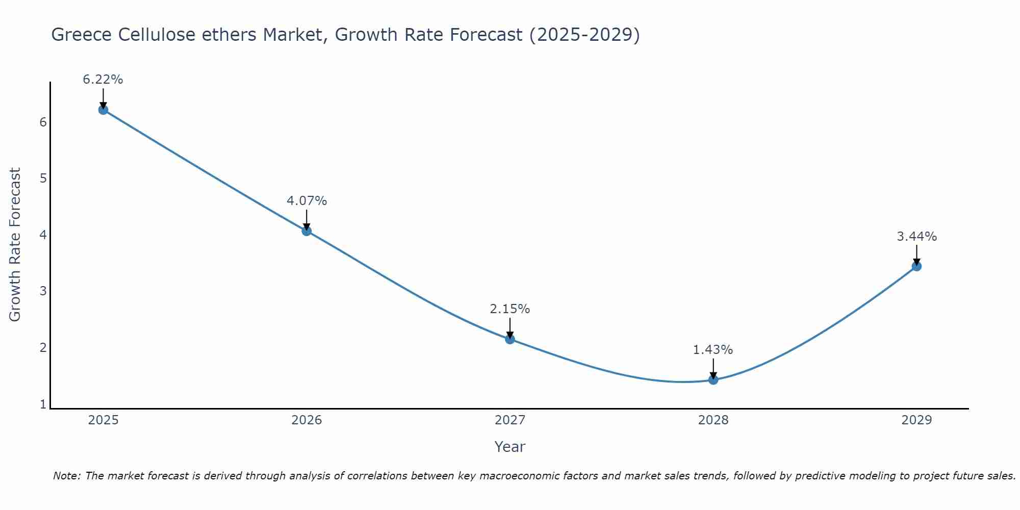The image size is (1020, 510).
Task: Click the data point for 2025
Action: pos(103,110)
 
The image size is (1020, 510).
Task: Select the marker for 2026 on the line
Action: pos(307,231)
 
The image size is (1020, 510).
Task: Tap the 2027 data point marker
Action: pos(510,339)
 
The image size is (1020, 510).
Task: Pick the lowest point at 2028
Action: pos(713,379)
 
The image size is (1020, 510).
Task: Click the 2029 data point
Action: pos(916,266)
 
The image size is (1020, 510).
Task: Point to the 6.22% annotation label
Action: pos(103,80)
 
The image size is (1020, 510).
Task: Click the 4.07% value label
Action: pos(307,201)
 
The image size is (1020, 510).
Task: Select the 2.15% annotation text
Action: pos(510,309)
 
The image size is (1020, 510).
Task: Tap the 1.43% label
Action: pos(713,350)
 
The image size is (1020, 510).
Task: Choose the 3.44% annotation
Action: pos(916,237)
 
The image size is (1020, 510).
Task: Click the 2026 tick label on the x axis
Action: pos(307,420)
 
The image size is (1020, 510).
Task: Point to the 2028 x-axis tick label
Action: pos(713,420)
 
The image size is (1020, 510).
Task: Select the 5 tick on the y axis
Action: pos(43,178)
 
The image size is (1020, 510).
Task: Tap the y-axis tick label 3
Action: pos(43,291)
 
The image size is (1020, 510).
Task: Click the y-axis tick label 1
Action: pos(43,404)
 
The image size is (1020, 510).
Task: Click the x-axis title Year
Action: pos(509,447)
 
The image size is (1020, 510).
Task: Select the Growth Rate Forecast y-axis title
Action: pos(15,245)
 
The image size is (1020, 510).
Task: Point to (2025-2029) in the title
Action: pos(584,35)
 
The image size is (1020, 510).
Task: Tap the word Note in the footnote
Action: pos(66,476)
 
